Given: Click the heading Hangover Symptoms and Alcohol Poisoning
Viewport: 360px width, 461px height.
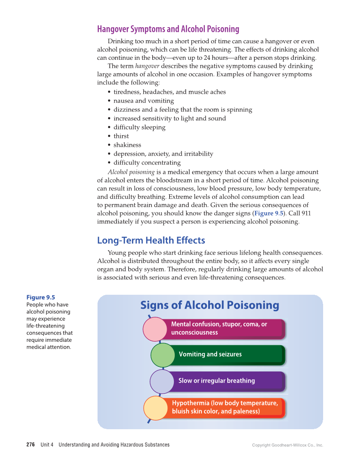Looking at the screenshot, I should point(168,29).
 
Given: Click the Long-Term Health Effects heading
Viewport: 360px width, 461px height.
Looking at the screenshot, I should point(151,240).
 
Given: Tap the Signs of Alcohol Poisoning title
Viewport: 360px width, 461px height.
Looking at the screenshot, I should point(209,305).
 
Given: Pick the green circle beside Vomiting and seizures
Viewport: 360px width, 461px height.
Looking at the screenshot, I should point(162,355).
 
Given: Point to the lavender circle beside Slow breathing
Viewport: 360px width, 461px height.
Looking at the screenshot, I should point(162,381).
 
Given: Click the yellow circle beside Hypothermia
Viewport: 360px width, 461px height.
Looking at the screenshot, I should point(156,408).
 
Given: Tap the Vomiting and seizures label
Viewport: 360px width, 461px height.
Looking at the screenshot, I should point(210,355).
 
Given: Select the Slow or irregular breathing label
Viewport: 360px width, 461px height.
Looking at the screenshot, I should point(217,381).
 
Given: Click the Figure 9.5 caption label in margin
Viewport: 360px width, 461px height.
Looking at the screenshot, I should point(41,297).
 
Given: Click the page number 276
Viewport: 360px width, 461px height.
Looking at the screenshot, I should point(31,445).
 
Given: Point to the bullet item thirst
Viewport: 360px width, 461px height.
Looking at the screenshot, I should point(121,136).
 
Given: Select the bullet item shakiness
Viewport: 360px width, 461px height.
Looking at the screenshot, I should point(127,145).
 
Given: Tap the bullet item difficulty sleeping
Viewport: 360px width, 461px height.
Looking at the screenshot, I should point(139,127).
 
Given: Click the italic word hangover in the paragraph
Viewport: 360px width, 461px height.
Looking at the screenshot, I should point(147,66).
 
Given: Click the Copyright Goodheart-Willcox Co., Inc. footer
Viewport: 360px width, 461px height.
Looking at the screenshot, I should point(287,445).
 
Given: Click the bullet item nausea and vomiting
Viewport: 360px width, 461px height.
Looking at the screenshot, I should point(143,101).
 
